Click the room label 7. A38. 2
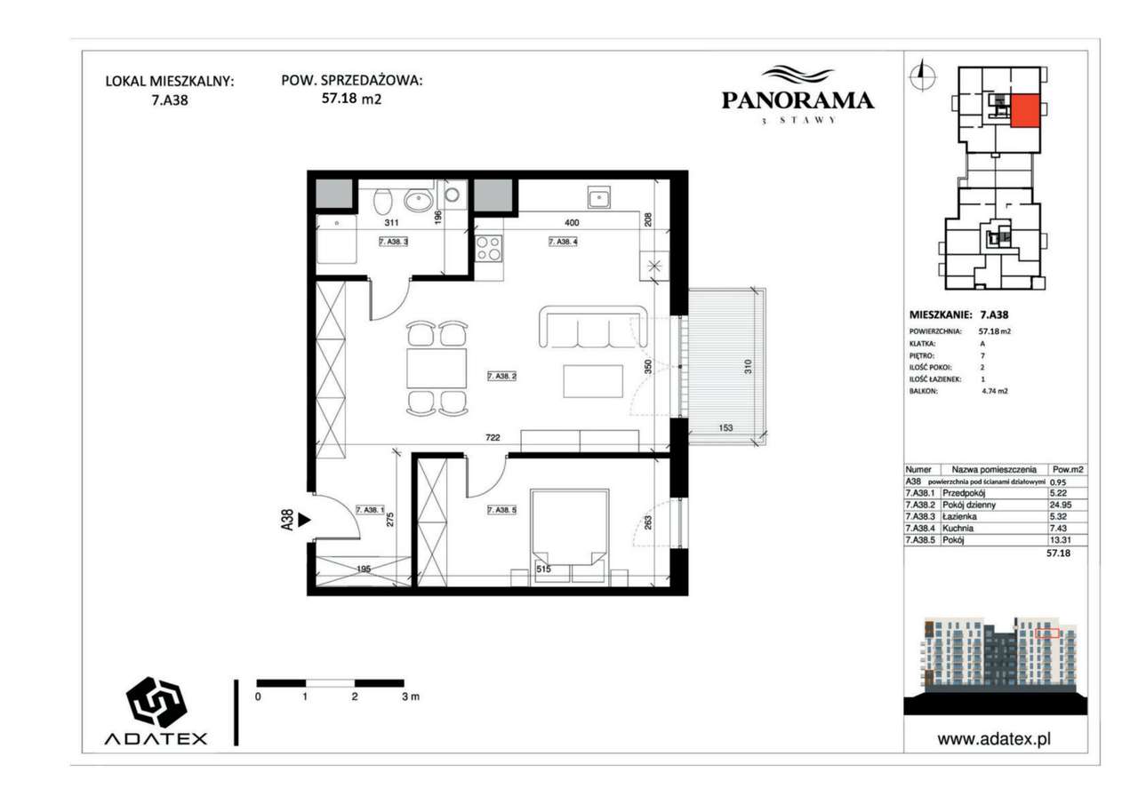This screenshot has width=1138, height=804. point(502,377)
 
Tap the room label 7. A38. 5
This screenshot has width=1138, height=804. point(502,510)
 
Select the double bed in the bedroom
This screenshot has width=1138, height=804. point(569,533)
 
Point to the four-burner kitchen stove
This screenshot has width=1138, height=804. point(488,248)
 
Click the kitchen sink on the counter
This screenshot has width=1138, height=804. point(597,197)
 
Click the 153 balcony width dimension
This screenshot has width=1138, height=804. point(725,428)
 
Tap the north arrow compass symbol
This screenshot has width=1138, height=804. point(922,76)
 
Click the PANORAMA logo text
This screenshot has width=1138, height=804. point(797,100)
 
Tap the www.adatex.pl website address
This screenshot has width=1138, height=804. point(999,738)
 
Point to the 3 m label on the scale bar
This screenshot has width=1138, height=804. point(410,697)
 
